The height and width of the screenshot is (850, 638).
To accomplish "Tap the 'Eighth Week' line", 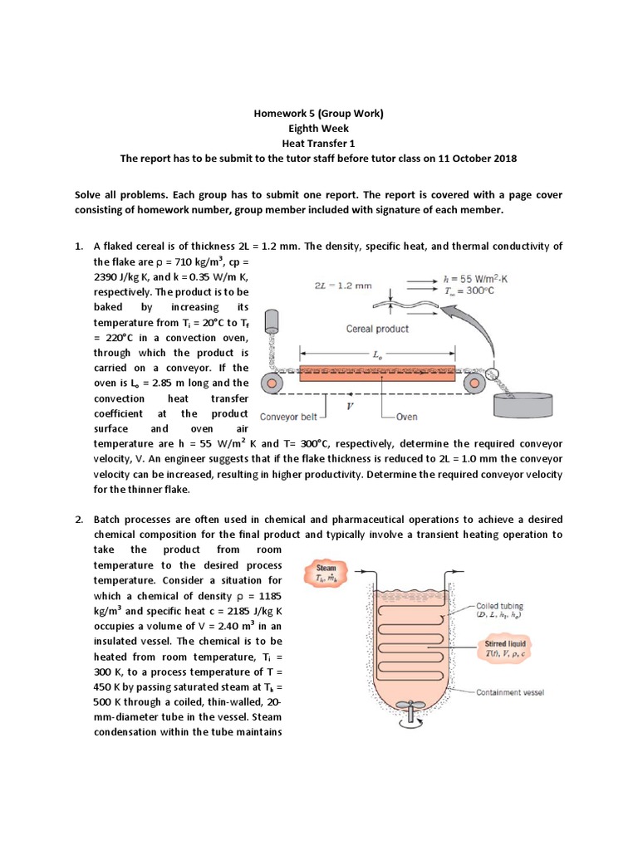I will (319, 129).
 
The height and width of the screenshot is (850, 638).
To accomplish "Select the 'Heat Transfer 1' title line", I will (319, 144).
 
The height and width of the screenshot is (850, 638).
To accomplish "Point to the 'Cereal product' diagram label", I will (377, 329).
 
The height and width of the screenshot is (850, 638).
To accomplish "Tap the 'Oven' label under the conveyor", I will (406, 417).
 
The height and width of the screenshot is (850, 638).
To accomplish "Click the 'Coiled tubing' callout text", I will (501, 611).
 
